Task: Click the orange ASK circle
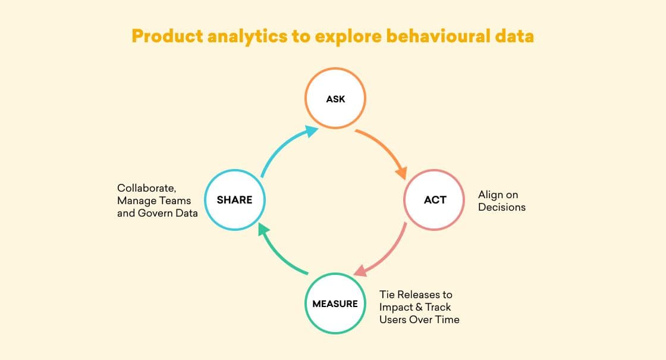(x=335, y=99)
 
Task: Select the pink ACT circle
(x=435, y=200)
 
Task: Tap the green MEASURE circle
(x=335, y=303)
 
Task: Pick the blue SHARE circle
(x=234, y=200)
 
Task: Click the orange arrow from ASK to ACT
(x=385, y=151)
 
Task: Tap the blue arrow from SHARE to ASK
(x=282, y=149)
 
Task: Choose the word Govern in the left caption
(x=156, y=212)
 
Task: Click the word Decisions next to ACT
(x=502, y=207)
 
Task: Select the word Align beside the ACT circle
(x=490, y=195)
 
